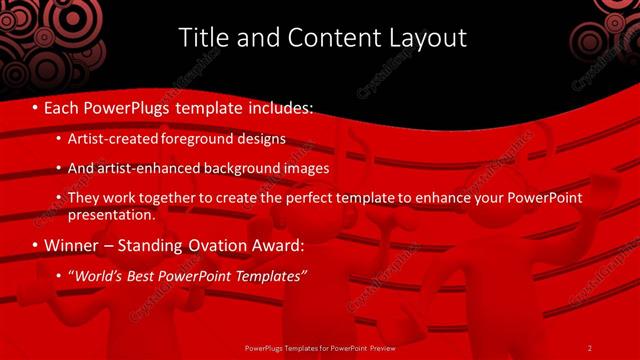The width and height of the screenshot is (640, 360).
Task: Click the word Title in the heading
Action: click(200, 38)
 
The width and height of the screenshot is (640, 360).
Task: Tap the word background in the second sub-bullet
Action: click(243, 169)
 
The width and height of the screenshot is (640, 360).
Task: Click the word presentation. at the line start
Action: click(111, 214)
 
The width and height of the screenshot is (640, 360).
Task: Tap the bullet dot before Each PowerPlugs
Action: click(37, 106)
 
